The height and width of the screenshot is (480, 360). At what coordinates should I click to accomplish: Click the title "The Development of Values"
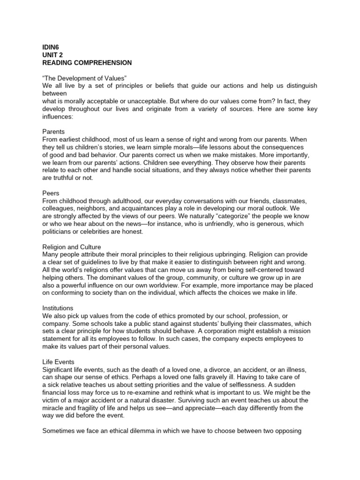point(85,78)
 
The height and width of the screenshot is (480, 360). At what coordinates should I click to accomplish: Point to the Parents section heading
point(53,132)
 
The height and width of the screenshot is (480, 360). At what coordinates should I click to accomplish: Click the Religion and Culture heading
point(72,247)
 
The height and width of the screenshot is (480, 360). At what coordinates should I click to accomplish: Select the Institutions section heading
point(58,308)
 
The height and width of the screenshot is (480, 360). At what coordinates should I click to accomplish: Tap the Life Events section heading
point(58,362)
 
